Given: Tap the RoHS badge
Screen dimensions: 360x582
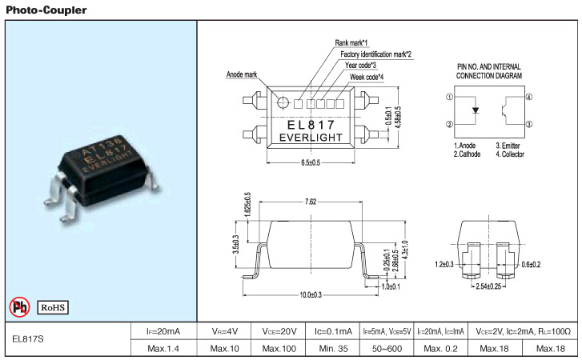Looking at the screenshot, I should pos(52,306).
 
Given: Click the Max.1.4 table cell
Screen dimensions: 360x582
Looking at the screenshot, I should pos(163,349).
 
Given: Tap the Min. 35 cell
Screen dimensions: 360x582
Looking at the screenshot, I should pos(335,349).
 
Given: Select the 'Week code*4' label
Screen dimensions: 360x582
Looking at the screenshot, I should pos(367,77).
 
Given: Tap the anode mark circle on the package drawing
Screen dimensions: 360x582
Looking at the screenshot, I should pos(282,102).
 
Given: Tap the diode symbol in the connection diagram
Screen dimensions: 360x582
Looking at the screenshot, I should pos(475,110).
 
